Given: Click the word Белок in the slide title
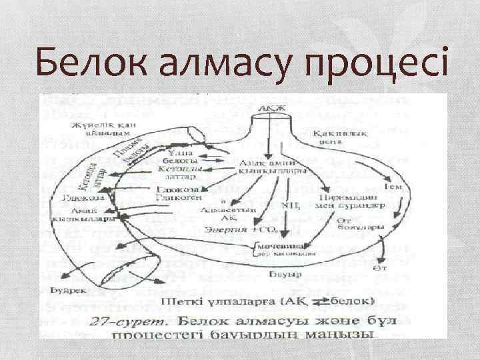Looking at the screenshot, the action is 90,64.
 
